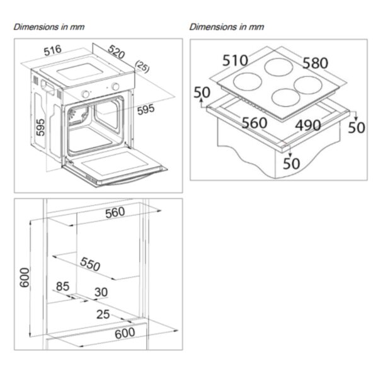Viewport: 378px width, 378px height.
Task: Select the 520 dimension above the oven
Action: [117, 50]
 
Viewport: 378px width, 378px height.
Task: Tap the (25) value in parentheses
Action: [140, 67]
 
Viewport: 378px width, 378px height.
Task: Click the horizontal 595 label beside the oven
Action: [145, 110]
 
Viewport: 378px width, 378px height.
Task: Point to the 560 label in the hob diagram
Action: [255, 123]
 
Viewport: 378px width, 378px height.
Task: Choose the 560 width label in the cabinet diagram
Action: [115, 213]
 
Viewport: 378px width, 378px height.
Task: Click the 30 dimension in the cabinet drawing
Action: [101, 292]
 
